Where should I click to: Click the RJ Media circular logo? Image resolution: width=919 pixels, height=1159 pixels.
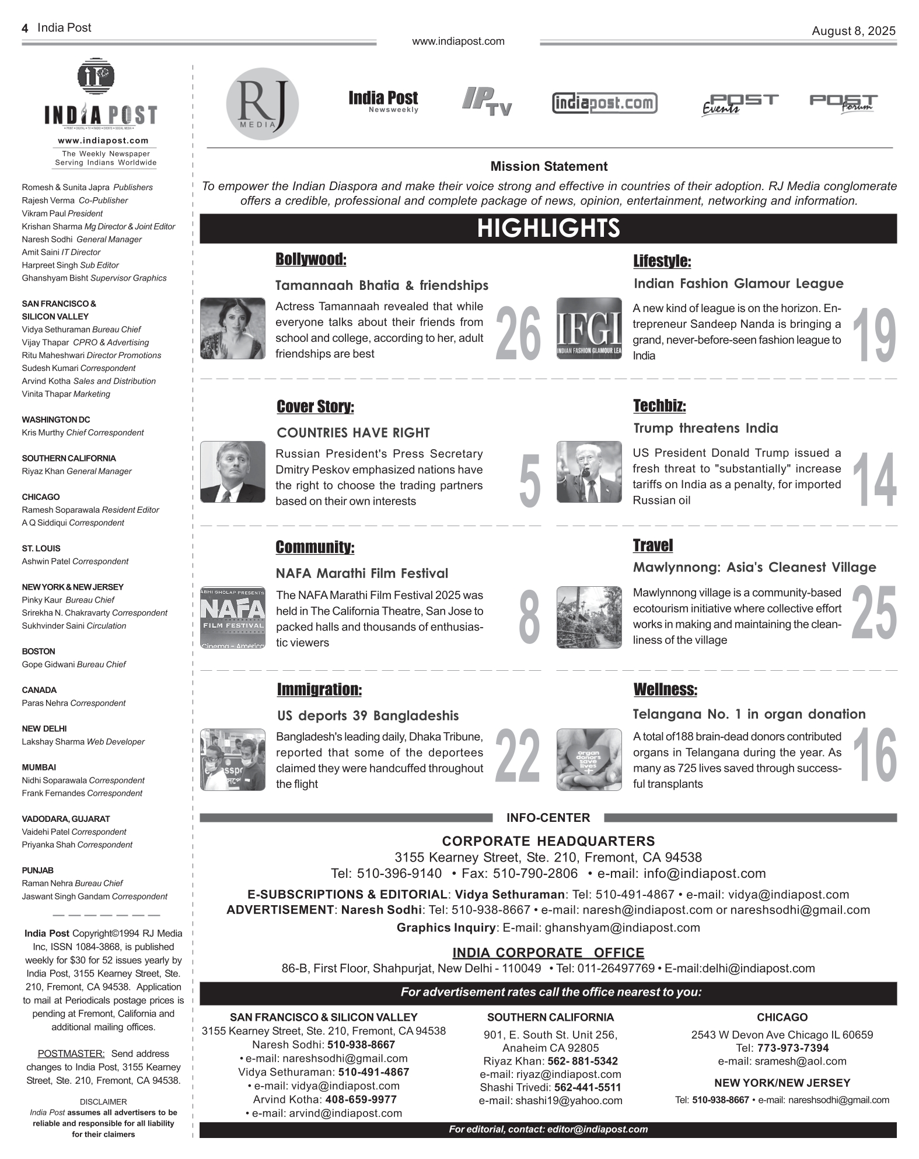point(263,104)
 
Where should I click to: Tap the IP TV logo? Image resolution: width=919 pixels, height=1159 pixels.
point(487,101)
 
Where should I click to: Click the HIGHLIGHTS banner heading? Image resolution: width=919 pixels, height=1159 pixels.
point(548,228)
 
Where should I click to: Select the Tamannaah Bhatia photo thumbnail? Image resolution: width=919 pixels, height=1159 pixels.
point(232,328)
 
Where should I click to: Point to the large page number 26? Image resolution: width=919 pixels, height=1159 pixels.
point(518,334)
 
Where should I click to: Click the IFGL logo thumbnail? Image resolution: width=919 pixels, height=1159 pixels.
point(589,328)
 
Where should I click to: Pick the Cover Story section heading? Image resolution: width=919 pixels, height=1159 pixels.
point(315,407)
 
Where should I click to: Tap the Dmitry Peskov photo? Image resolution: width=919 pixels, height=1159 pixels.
point(232,472)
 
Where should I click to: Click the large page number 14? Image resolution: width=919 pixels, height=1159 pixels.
point(873,479)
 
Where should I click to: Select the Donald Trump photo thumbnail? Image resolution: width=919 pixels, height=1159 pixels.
point(589,472)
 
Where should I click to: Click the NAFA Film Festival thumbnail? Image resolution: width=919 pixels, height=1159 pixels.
point(232,618)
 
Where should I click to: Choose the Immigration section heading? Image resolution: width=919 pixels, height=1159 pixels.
point(319,689)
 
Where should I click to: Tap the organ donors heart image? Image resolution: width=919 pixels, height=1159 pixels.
point(589,759)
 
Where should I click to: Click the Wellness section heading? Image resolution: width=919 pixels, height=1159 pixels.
point(665,689)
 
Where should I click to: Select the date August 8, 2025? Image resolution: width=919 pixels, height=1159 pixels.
point(853,31)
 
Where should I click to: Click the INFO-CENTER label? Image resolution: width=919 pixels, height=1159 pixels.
point(548,818)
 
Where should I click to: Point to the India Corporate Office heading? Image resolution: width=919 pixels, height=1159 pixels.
point(548,953)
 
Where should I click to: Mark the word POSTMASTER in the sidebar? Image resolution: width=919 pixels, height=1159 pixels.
point(71,1053)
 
